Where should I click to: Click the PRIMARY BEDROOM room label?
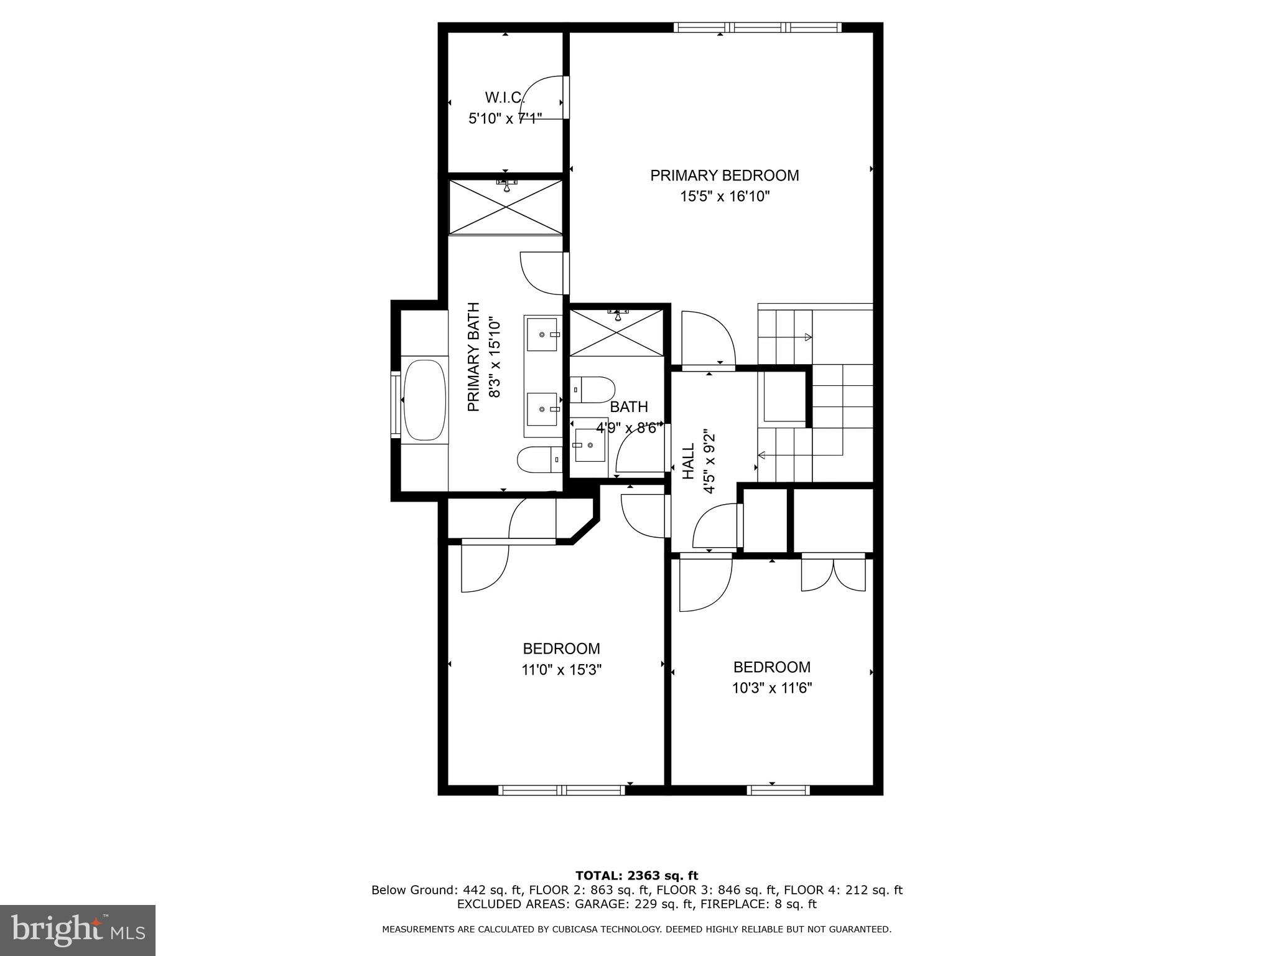[x=724, y=176]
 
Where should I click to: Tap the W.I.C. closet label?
[x=504, y=98]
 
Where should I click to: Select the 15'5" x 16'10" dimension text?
[x=725, y=197]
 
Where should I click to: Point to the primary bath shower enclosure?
[x=505, y=207]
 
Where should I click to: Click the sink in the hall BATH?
[x=589, y=444]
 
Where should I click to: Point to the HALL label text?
[x=688, y=461]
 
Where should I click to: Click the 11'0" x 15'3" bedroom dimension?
[x=561, y=670]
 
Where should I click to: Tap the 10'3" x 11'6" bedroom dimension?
[x=771, y=688]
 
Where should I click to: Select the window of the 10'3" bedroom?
[x=778, y=790]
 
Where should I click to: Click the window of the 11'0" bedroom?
[x=561, y=790]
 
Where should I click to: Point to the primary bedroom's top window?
[x=757, y=27]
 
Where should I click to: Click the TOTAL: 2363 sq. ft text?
[x=636, y=876]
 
